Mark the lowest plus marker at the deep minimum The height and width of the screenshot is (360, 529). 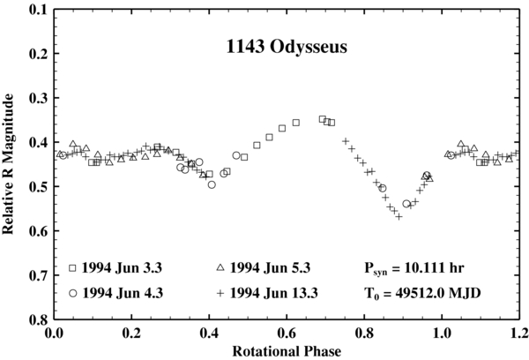pyautogui.click(x=399, y=215)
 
